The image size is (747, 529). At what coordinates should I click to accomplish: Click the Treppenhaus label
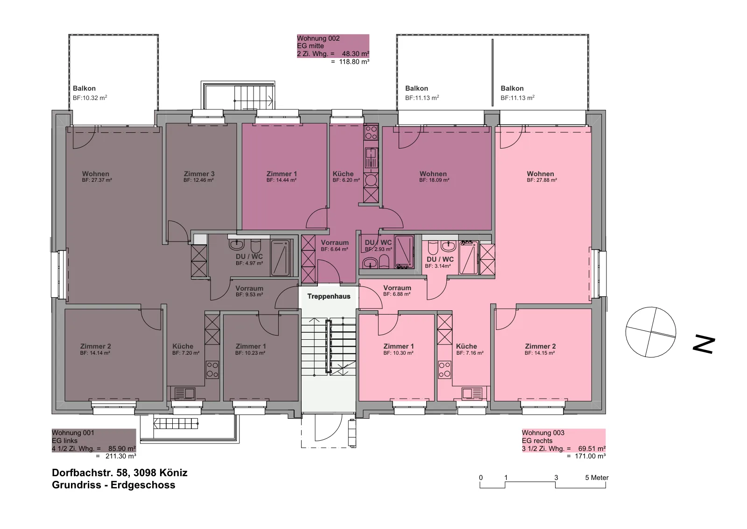coord(329,296)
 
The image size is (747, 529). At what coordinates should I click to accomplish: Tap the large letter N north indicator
coord(704,344)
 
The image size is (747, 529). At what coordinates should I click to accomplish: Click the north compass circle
coord(651,332)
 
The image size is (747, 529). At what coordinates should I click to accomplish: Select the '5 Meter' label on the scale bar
coord(597,478)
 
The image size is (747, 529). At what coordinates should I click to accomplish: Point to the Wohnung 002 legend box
coord(333,46)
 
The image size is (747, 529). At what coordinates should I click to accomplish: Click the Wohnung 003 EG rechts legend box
coord(564,441)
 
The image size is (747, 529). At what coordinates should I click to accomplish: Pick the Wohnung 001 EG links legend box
coord(94,441)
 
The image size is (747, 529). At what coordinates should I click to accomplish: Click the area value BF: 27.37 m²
coord(97,180)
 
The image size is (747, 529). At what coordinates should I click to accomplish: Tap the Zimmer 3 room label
coord(199,173)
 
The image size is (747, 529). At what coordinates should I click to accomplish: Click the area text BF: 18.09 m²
coord(434,180)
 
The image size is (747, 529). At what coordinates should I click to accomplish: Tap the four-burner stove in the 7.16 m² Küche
coord(444,370)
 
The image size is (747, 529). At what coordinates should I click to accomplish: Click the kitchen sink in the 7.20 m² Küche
coord(184,393)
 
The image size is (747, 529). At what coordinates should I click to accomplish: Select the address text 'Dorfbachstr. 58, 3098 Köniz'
coord(120,472)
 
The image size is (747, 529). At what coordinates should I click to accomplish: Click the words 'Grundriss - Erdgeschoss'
coord(113,485)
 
